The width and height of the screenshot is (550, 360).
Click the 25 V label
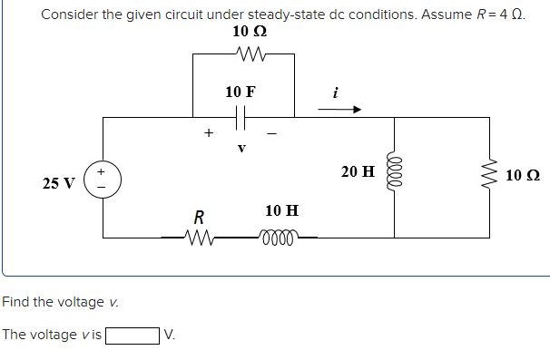point(59,183)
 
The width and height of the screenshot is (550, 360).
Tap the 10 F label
point(241,92)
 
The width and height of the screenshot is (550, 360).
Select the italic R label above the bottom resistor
point(197,218)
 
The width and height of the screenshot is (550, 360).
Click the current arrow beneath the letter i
point(339,110)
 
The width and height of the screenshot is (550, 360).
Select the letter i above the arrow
point(336,92)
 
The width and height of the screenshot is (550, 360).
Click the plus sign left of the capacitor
point(208,133)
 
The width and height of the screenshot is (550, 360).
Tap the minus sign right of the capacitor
point(270,134)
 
